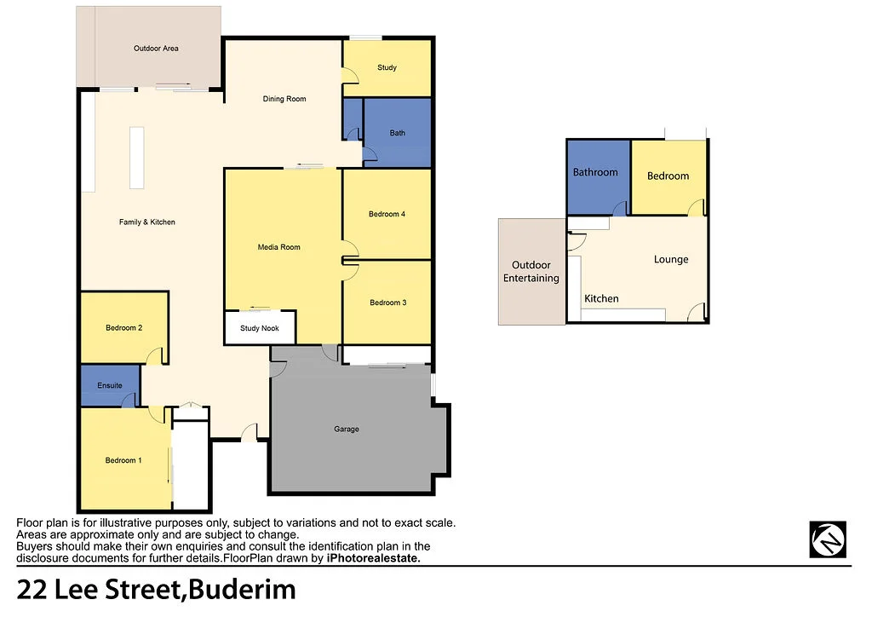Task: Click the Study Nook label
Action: pyautogui.click(x=261, y=327)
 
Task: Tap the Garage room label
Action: pyautogui.click(x=347, y=429)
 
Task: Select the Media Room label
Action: pyautogui.click(x=279, y=247)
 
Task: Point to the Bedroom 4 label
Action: pyautogui.click(x=387, y=214)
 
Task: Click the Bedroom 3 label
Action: pyautogui.click(x=387, y=303)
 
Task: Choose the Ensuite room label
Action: pyautogui.click(x=110, y=385)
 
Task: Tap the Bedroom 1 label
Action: pyautogui.click(x=123, y=460)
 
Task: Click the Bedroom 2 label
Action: pyautogui.click(x=123, y=327)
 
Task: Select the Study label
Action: pyautogui.click(x=387, y=67)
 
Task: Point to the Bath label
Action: pyautogui.click(x=398, y=133)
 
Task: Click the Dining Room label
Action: pyautogui.click(x=284, y=99)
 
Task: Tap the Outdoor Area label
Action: pyautogui.click(x=156, y=49)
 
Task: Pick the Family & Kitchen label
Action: pyautogui.click(x=147, y=222)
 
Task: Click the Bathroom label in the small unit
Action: pyautogui.click(x=595, y=172)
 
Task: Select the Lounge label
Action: pyautogui.click(x=671, y=259)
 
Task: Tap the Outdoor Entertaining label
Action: pyautogui.click(x=531, y=272)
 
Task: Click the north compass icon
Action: pyautogui.click(x=828, y=539)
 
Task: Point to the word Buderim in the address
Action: pyautogui.click(x=243, y=589)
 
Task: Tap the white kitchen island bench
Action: pyautogui.click(x=137, y=158)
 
